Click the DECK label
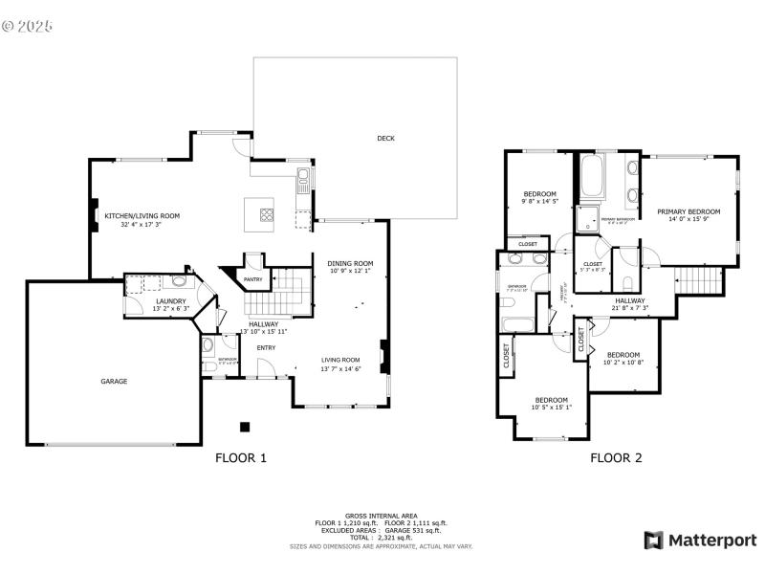click(x=385, y=139)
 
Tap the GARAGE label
click(x=114, y=381)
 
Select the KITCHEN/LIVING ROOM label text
click(x=142, y=216)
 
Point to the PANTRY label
click(x=253, y=279)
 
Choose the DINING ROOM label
click(x=350, y=263)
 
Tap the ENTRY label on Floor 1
click(x=266, y=347)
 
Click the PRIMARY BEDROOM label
click(x=688, y=211)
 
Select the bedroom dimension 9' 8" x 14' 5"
click(x=540, y=202)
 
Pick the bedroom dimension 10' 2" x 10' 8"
click(x=623, y=363)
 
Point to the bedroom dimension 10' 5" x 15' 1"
click(x=551, y=408)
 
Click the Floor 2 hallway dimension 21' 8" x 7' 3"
click(x=630, y=308)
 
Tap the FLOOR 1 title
click(x=241, y=458)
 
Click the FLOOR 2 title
click(x=616, y=458)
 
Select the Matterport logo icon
click(x=653, y=541)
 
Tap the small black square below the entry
click(x=246, y=427)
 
